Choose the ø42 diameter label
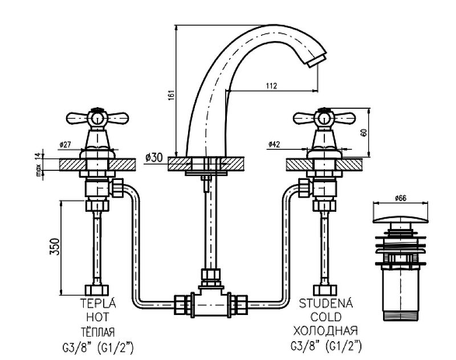274,144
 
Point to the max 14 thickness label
38,164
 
